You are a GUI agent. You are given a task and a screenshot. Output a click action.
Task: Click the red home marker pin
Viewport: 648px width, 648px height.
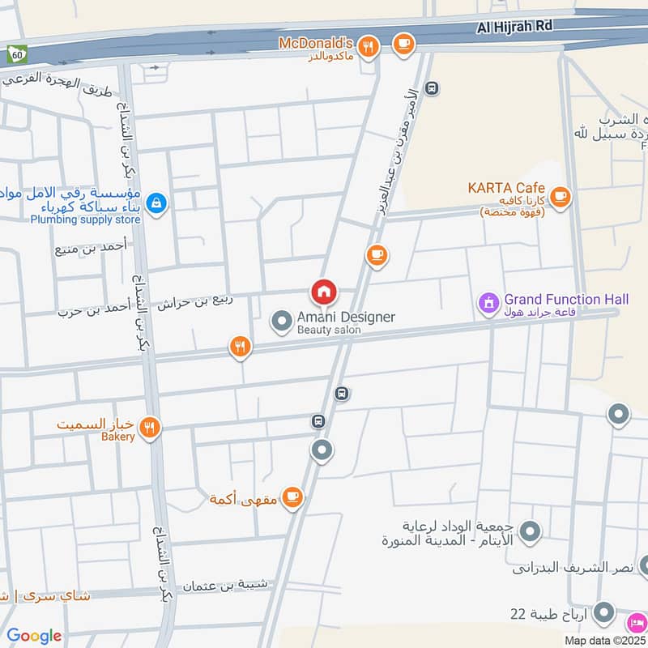tap(324, 291)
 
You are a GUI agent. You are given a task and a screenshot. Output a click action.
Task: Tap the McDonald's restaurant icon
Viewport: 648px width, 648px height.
tap(369, 46)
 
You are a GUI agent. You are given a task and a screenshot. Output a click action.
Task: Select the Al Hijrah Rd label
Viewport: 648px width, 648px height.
tap(514, 26)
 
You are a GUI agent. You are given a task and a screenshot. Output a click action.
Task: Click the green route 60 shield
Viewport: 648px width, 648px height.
tap(15, 54)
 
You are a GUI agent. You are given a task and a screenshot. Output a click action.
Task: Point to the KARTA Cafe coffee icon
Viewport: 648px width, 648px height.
tap(560, 196)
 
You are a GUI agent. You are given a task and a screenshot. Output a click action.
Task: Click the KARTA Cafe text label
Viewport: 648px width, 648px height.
tap(506, 188)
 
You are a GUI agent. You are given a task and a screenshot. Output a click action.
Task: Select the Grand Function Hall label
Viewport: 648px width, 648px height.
tap(566, 300)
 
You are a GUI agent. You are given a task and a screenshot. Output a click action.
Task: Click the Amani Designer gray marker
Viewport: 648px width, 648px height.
tap(281, 322)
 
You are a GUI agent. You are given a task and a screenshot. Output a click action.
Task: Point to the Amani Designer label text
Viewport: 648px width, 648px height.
tap(346, 317)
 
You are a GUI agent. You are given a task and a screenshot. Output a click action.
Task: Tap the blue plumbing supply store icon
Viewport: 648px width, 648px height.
tap(157, 206)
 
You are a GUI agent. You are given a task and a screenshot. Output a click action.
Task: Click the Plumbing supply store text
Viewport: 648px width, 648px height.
tap(85, 220)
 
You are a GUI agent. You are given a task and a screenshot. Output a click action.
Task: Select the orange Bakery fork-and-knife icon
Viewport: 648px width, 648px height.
tap(148, 428)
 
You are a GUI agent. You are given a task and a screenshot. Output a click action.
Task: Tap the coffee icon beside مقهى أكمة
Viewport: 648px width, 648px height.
tap(292, 497)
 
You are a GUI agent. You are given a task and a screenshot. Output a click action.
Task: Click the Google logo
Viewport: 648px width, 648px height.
tap(34, 636)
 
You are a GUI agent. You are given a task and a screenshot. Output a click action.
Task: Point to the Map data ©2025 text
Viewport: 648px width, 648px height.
tap(606, 641)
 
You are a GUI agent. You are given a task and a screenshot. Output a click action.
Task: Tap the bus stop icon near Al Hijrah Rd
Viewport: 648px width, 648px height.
tap(433, 88)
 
